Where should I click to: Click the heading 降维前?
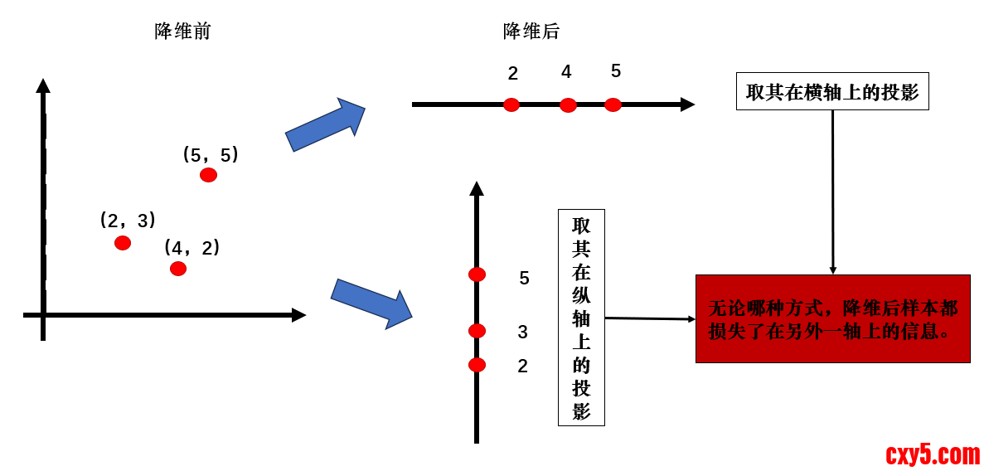182,32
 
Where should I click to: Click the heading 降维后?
531,32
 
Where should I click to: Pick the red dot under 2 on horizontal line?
511,104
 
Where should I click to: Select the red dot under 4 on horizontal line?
568,104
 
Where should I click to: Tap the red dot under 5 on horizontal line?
613,104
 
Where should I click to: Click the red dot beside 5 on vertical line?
477,274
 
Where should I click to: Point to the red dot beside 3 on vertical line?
477,331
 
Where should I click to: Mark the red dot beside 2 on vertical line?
477,365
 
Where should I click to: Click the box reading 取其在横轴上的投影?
832,91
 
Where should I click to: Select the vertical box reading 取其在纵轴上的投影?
581,318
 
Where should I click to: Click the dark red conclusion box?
832,319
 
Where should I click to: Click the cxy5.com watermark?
932,454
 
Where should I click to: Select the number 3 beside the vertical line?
522,333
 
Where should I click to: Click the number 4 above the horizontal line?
566,72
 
